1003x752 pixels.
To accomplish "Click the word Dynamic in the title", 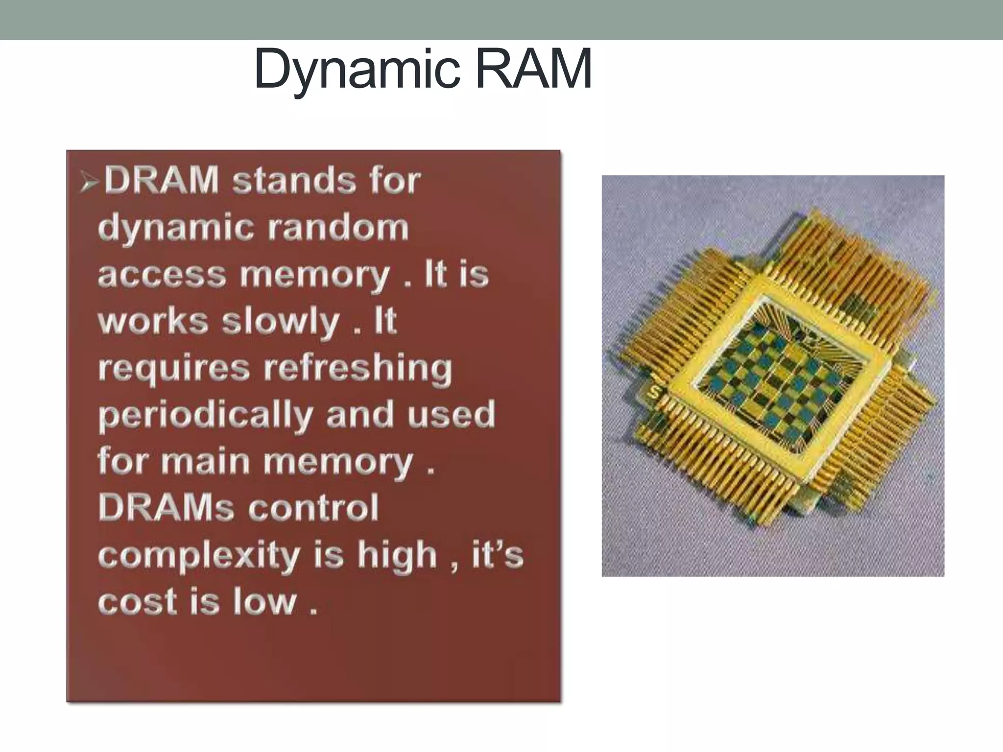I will pos(357,70).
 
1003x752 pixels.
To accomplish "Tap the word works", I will pos(153,321).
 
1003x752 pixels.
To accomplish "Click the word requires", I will pos(174,368).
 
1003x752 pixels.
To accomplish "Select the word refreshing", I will pos(358,368).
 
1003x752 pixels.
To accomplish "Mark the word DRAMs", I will pos(166,507).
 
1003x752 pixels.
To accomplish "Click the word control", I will pos(313,507).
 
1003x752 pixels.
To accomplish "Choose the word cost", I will pos(137,601).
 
